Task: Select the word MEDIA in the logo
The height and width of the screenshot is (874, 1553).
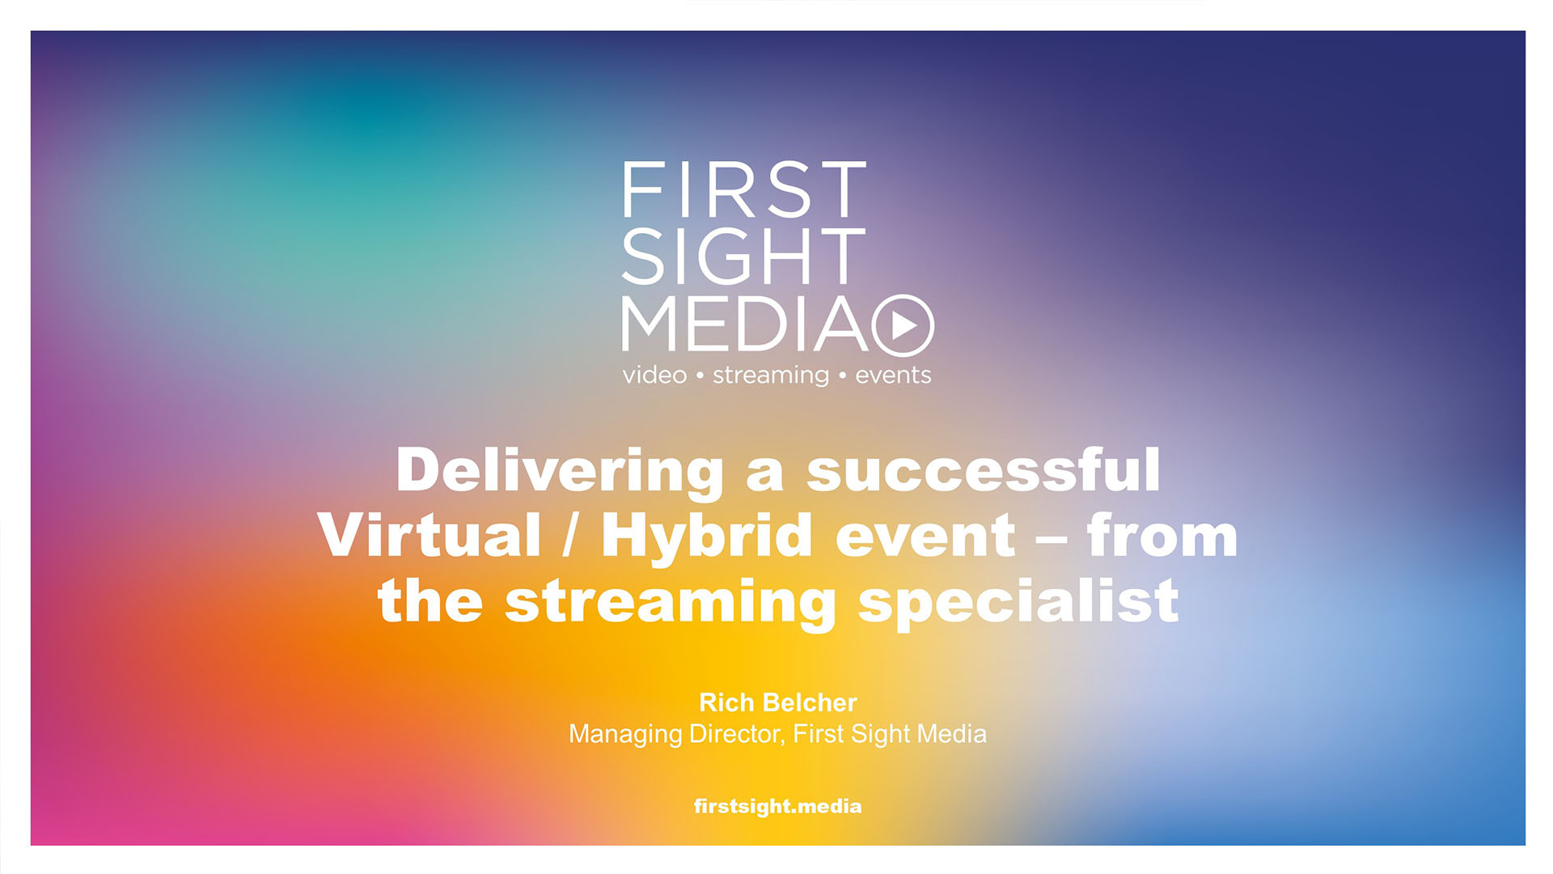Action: (744, 324)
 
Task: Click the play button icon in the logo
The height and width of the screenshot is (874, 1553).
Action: (903, 325)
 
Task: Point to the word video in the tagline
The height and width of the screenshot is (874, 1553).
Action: (654, 375)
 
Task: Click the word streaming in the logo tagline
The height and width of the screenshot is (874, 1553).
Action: (771, 375)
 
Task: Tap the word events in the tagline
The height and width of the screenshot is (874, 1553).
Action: (893, 375)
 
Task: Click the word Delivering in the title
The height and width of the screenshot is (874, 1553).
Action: (560, 472)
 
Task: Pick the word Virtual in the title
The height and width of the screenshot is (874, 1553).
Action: (429, 535)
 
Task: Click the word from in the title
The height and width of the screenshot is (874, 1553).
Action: (1162, 535)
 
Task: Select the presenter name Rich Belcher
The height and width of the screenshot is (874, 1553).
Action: (777, 702)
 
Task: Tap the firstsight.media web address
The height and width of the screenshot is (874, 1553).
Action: (777, 807)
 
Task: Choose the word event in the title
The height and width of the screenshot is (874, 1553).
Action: (925, 537)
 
